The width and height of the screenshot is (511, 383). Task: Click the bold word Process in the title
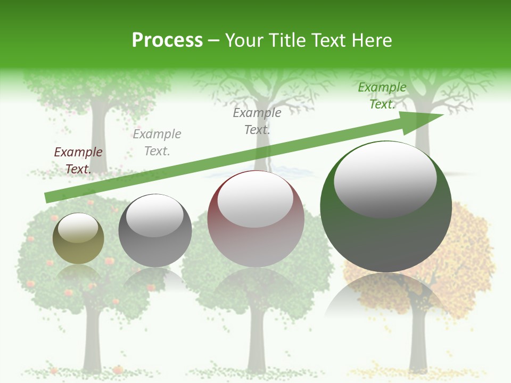167,40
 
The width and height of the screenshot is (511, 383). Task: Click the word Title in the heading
285,40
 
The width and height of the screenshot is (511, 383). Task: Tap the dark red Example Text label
78,161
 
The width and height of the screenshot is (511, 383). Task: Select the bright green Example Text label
382,96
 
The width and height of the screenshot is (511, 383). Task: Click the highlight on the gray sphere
154,214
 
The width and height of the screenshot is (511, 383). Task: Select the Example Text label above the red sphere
257,121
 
